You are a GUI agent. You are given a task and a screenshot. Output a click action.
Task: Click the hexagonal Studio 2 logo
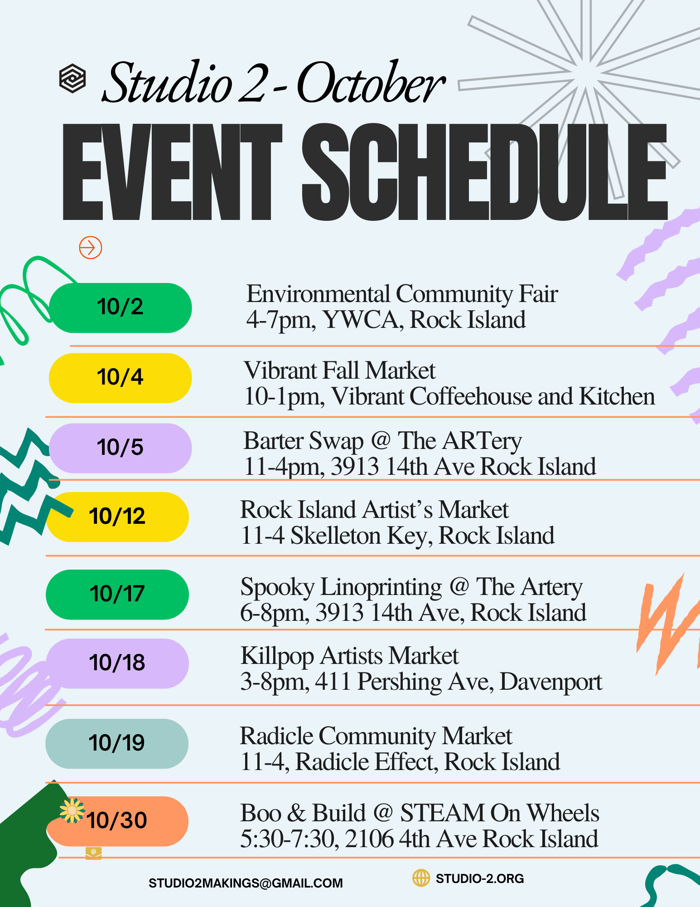click(72, 78)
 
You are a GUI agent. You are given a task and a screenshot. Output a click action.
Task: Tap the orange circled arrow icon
click(91, 248)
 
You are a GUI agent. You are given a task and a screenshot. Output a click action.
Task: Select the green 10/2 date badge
click(121, 308)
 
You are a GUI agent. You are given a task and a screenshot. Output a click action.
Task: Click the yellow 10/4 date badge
click(121, 378)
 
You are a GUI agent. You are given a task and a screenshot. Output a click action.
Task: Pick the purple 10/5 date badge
click(121, 448)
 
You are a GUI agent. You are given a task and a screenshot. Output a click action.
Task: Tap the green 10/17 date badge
click(117, 595)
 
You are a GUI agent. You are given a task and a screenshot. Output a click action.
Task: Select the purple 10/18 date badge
click(117, 663)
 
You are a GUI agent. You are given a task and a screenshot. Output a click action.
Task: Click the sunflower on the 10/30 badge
click(72, 810)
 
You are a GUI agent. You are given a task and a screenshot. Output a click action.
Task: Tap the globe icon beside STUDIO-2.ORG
click(421, 878)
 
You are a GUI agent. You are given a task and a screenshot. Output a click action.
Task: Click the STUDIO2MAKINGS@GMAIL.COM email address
click(246, 883)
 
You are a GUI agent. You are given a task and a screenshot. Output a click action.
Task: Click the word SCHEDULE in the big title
click(484, 172)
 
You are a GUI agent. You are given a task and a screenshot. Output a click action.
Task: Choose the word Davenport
click(551, 682)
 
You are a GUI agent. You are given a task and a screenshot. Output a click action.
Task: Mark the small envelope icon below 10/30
click(93, 853)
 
